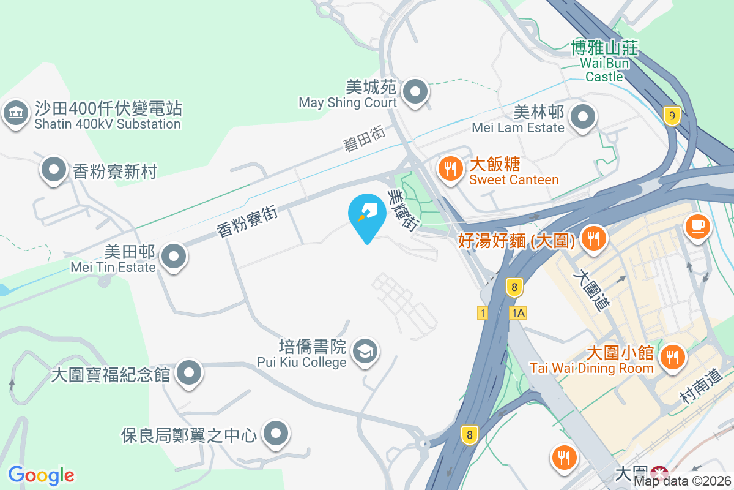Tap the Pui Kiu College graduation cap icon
(x=366, y=352)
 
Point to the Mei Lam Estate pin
(x=582, y=115)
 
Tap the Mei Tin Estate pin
(x=174, y=256)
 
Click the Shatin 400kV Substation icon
(x=16, y=113)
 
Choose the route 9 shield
(x=672, y=115)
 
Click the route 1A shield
(x=517, y=313)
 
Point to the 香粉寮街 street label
(x=247, y=221)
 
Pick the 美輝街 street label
(x=403, y=209)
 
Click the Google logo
(x=41, y=475)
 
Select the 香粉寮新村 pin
(x=54, y=169)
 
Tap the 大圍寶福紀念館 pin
(x=189, y=372)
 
